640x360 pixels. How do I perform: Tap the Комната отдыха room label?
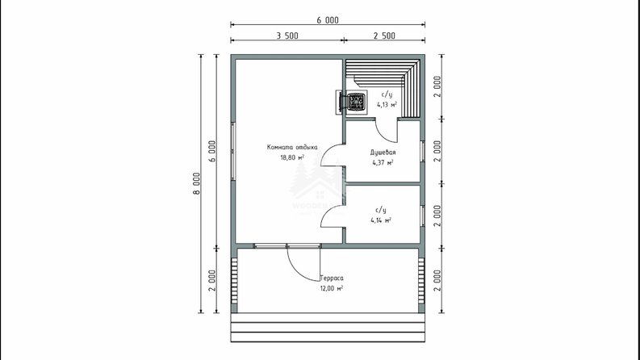tap(292, 148)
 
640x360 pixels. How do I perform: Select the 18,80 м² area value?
tap(292, 157)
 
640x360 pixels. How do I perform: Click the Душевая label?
tap(383, 153)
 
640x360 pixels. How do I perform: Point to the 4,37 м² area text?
tap(383, 162)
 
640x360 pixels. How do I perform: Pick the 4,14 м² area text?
tap(381, 220)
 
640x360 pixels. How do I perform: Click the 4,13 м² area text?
tap(387, 104)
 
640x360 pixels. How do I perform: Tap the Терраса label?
tap(332, 278)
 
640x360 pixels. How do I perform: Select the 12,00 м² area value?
tap(332, 289)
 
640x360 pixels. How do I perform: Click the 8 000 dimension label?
tap(197, 184)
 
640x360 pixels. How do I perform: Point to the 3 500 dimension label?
tap(287, 36)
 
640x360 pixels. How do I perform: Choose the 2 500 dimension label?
tap(384, 36)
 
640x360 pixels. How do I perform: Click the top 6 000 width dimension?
tap(328, 20)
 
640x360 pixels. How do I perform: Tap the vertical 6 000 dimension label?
tap(212, 152)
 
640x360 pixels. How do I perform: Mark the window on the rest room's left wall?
tap(232, 152)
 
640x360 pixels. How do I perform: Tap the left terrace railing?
tap(234, 281)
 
